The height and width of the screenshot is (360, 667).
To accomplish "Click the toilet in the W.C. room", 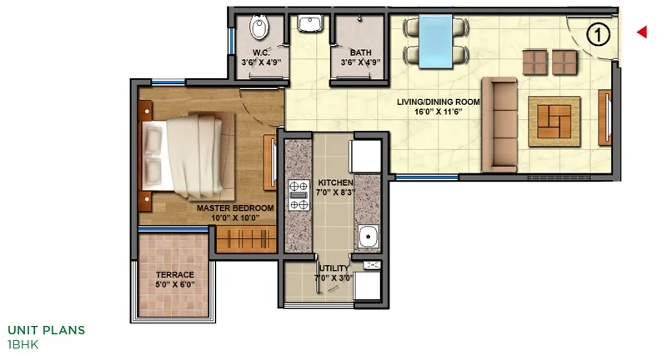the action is coord(259,27).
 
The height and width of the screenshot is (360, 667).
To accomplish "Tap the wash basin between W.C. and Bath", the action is coord(309,23).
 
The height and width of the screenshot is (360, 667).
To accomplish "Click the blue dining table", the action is coord(435,41).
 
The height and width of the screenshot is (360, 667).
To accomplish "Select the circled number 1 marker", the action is coord(598,35).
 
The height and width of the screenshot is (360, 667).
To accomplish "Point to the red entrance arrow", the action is coord(642,32).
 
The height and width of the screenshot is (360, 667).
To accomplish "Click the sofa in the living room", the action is coord(499,124).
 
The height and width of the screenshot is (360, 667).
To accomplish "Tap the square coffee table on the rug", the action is coord(554,122).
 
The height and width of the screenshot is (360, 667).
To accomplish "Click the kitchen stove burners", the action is coord(299,195).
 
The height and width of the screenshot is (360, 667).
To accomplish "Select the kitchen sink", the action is coord(368,237).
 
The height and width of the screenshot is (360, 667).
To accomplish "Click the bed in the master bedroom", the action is coord(186,156).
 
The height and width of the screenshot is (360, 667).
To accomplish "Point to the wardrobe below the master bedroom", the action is coord(247,239).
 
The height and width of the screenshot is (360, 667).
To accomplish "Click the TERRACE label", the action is coord(175,274).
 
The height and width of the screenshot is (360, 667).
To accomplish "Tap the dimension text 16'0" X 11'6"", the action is coord(439,112).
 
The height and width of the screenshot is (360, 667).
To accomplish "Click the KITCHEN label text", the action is coord(336,182).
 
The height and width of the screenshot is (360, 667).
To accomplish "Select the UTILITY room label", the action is coord(334,268).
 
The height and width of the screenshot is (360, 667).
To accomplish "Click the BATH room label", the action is coord(361,52).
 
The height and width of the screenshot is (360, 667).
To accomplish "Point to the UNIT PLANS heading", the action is coord(47,330).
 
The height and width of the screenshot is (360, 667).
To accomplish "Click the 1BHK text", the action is coord(23,344).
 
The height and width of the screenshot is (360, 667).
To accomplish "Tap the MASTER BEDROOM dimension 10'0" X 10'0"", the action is coord(235,218).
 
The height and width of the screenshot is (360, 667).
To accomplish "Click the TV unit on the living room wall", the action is coord(605,117).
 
